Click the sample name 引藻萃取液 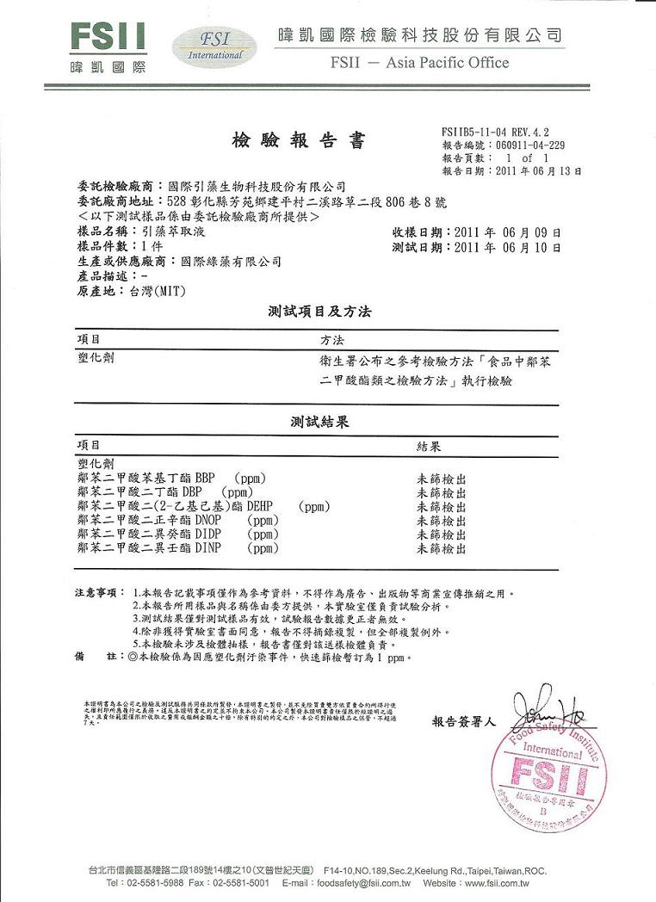coord(175,232)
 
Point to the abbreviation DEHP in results coord(263,506)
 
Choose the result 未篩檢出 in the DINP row coord(442,548)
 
